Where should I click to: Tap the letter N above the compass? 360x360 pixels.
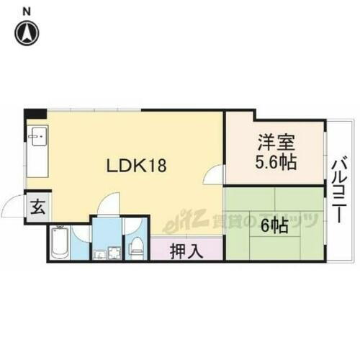tap(27, 10)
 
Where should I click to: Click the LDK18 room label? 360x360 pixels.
tap(137, 166)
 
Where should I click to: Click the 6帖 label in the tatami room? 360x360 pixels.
tap(274, 225)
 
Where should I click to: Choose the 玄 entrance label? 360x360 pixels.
tap(37, 209)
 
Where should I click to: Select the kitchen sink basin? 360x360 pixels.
tap(38, 135)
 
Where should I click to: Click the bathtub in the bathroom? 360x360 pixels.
tap(60, 244)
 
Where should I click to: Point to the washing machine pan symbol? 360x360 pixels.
tap(114, 253)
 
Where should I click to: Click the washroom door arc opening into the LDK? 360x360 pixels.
tap(107, 205)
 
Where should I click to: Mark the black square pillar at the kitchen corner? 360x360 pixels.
tap(35, 114)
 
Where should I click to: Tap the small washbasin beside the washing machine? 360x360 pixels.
tap(97, 253)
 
